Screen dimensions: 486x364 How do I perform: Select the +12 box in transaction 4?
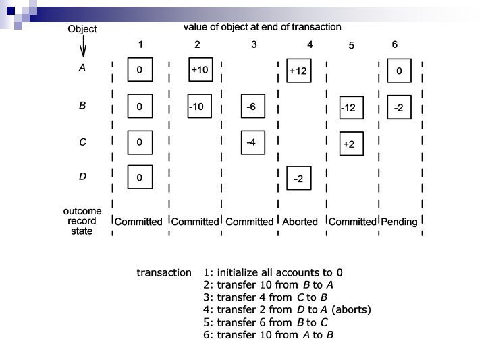pos(300,71)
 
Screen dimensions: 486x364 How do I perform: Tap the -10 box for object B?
pos(200,107)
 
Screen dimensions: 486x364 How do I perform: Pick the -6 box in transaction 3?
pos(253,107)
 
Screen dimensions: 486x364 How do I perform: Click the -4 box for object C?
pos(253,142)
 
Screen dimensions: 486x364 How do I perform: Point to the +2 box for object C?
pos(352,144)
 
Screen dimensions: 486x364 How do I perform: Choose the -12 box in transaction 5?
pos(352,108)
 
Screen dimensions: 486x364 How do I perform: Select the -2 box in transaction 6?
pos(400,107)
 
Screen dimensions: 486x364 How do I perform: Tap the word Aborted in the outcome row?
pos(300,222)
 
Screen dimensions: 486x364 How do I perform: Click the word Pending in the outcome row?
pos(400,222)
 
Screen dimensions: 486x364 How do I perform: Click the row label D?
pos(82,177)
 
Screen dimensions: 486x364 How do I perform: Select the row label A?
pos(82,68)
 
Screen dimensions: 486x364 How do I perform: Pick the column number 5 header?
pos(351,46)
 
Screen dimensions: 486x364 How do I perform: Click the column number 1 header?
pos(140,44)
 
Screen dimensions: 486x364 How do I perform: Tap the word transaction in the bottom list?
pos(164,273)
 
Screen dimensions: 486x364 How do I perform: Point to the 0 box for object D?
pos(140,178)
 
